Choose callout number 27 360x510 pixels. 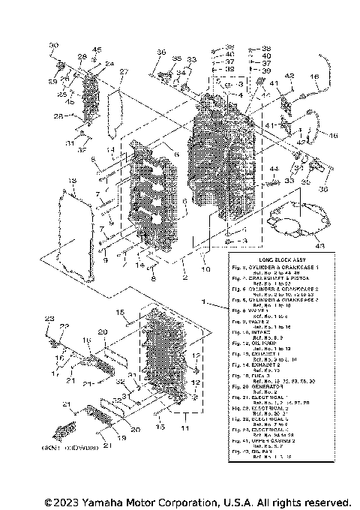(x=124, y=72)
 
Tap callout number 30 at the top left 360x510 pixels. (x=53, y=46)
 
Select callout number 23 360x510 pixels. (x=49, y=319)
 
